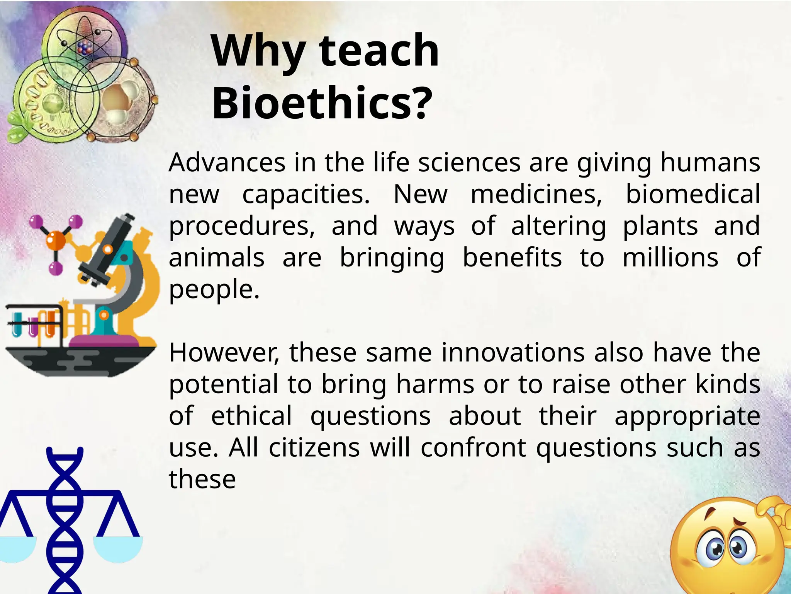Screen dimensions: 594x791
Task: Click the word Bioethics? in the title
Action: click(322, 104)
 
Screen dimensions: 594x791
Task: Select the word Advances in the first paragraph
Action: click(227, 162)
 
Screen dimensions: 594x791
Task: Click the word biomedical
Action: click(693, 194)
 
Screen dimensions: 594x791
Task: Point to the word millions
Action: click(670, 258)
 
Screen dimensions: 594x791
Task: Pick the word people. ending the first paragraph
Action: click(214, 290)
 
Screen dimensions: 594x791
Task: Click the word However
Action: click(224, 353)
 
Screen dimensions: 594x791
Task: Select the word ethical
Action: click(251, 416)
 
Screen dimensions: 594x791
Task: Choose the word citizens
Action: click(314, 448)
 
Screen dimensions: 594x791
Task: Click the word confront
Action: click(473, 448)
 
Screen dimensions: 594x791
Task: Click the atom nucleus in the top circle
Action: click(84, 48)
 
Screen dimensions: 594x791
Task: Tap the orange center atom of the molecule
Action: click(56, 239)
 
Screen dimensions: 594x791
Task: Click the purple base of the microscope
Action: click(104, 340)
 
